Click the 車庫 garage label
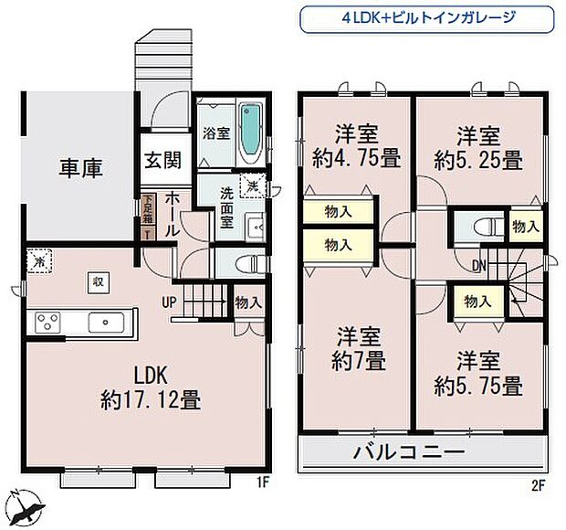[x=81, y=169]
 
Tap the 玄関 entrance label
[x=162, y=160]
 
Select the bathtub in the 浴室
[x=249, y=132]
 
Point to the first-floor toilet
[x=247, y=264]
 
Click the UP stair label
[x=170, y=302]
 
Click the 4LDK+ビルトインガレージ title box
[x=427, y=17]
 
